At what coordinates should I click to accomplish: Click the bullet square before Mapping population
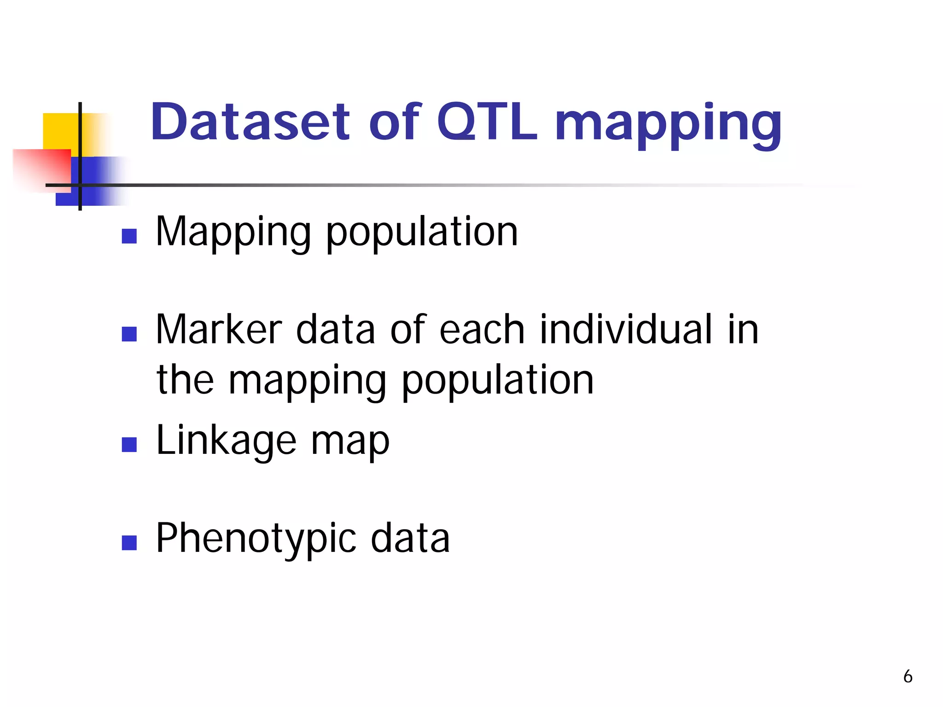click(x=129, y=236)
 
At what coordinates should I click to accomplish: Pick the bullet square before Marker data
click(x=129, y=334)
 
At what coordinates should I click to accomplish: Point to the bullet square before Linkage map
click(x=129, y=445)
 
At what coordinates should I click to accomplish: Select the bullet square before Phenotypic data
click(x=129, y=543)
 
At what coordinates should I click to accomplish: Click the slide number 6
click(x=908, y=677)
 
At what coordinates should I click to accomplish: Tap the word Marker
click(x=219, y=329)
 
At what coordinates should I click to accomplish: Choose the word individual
click(x=626, y=329)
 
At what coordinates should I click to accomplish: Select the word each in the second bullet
click(x=482, y=329)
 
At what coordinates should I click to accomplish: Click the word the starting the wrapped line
click(x=185, y=380)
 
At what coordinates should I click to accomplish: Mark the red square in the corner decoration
click(x=41, y=168)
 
